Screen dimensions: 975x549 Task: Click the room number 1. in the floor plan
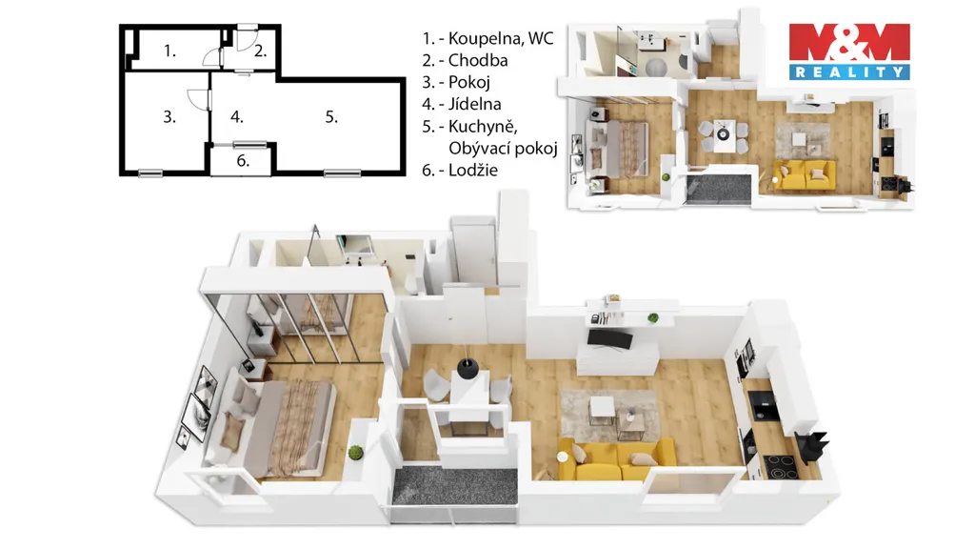(169, 51)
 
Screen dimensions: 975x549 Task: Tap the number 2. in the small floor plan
(261, 51)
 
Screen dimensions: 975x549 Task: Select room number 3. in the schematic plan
(169, 116)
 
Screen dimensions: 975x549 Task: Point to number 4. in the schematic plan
(237, 116)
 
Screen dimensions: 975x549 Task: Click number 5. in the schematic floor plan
(331, 116)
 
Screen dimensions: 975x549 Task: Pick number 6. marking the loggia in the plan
(243, 160)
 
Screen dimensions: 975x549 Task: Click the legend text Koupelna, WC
(501, 38)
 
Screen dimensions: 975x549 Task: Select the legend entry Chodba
(478, 60)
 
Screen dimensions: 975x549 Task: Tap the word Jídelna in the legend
(474, 104)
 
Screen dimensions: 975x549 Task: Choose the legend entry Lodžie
(472, 170)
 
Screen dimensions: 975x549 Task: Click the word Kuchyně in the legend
(483, 127)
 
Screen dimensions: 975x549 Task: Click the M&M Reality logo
(849, 51)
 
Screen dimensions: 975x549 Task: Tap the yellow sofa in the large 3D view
(617, 460)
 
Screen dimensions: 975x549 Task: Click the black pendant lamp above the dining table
(467, 368)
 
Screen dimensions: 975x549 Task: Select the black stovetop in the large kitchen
(780, 465)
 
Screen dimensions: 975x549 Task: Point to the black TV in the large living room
(610, 339)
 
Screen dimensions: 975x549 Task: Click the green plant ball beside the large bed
(355, 453)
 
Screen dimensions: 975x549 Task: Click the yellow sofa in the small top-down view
(804, 175)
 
